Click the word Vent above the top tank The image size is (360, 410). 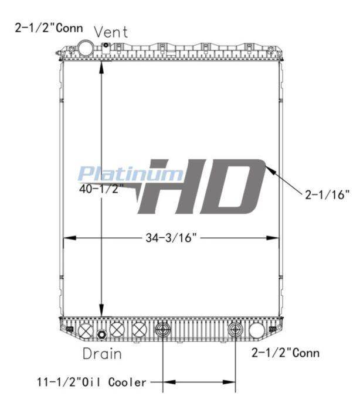[x=111, y=32]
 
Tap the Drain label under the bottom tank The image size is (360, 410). [x=102, y=354]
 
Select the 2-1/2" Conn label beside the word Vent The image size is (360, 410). [x=49, y=28]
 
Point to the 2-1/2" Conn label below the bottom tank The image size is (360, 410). [x=286, y=353]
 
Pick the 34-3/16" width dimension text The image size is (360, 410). [x=171, y=238]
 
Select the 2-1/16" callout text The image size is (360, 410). [x=327, y=194]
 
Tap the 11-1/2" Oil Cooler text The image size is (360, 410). [x=91, y=382]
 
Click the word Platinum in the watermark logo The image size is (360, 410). [x=131, y=173]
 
